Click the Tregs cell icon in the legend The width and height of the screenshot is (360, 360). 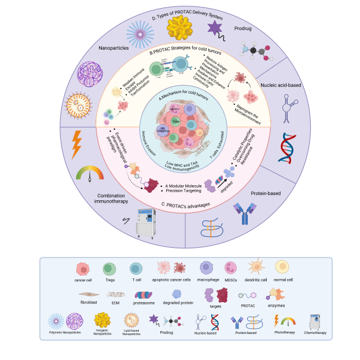109,268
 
